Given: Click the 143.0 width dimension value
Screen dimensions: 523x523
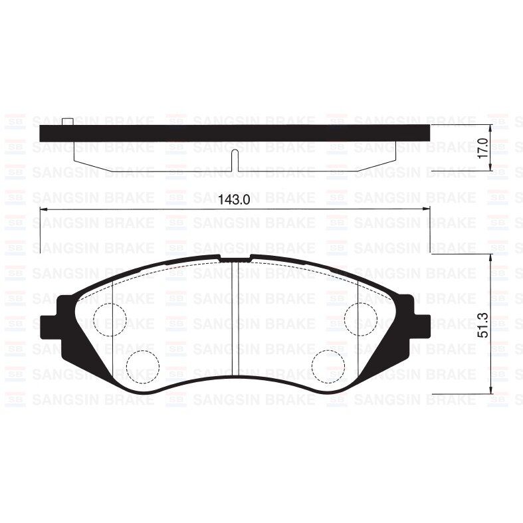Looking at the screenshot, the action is [233, 200].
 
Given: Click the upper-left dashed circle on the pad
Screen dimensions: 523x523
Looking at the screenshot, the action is [110, 320].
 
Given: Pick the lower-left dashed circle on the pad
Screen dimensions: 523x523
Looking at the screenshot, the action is [143, 367].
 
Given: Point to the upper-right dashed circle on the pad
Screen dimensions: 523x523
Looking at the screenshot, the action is [361, 320].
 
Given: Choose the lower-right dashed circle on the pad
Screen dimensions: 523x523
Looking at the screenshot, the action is [328, 367].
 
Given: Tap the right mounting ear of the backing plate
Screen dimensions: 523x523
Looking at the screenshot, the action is [421, 326].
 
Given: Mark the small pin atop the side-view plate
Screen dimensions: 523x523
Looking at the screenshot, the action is [68, 122].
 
